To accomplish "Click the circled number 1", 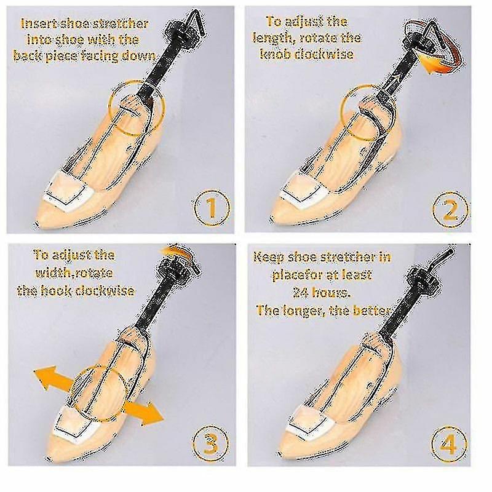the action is click(x=212, y=208).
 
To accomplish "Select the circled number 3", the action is click(x=210, y=443).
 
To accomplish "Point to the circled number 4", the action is click(x=449, y=443).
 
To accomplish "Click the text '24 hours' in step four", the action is click(x=321, y=293).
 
